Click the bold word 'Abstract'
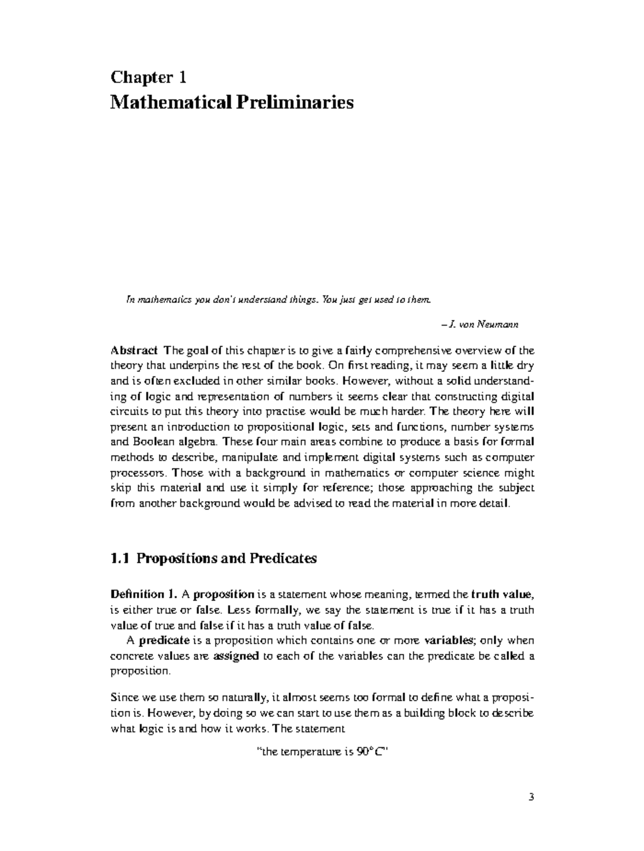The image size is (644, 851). point(134,351)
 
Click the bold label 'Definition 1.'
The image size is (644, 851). point(143,595)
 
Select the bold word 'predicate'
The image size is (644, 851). point(164,640)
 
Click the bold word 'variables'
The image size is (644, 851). point(449,640)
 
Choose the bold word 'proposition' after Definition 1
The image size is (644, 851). point(224,595)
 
